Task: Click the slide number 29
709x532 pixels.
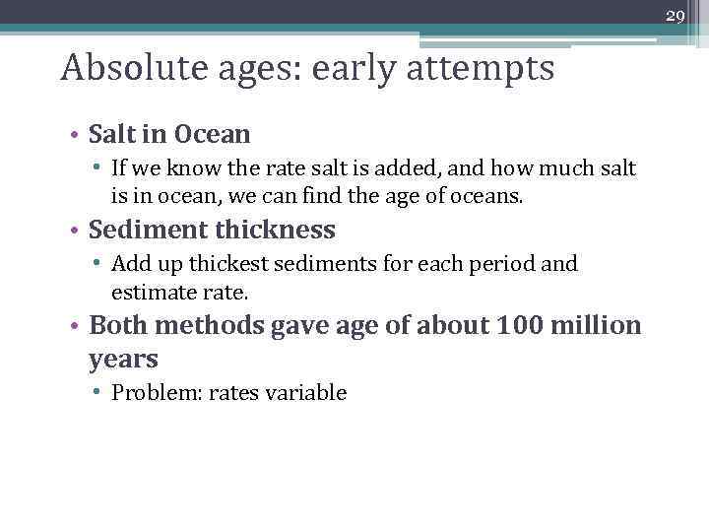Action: coord(675,16)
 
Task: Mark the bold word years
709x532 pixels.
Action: coord(123,359)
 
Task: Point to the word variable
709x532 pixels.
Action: coord(309,393)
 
